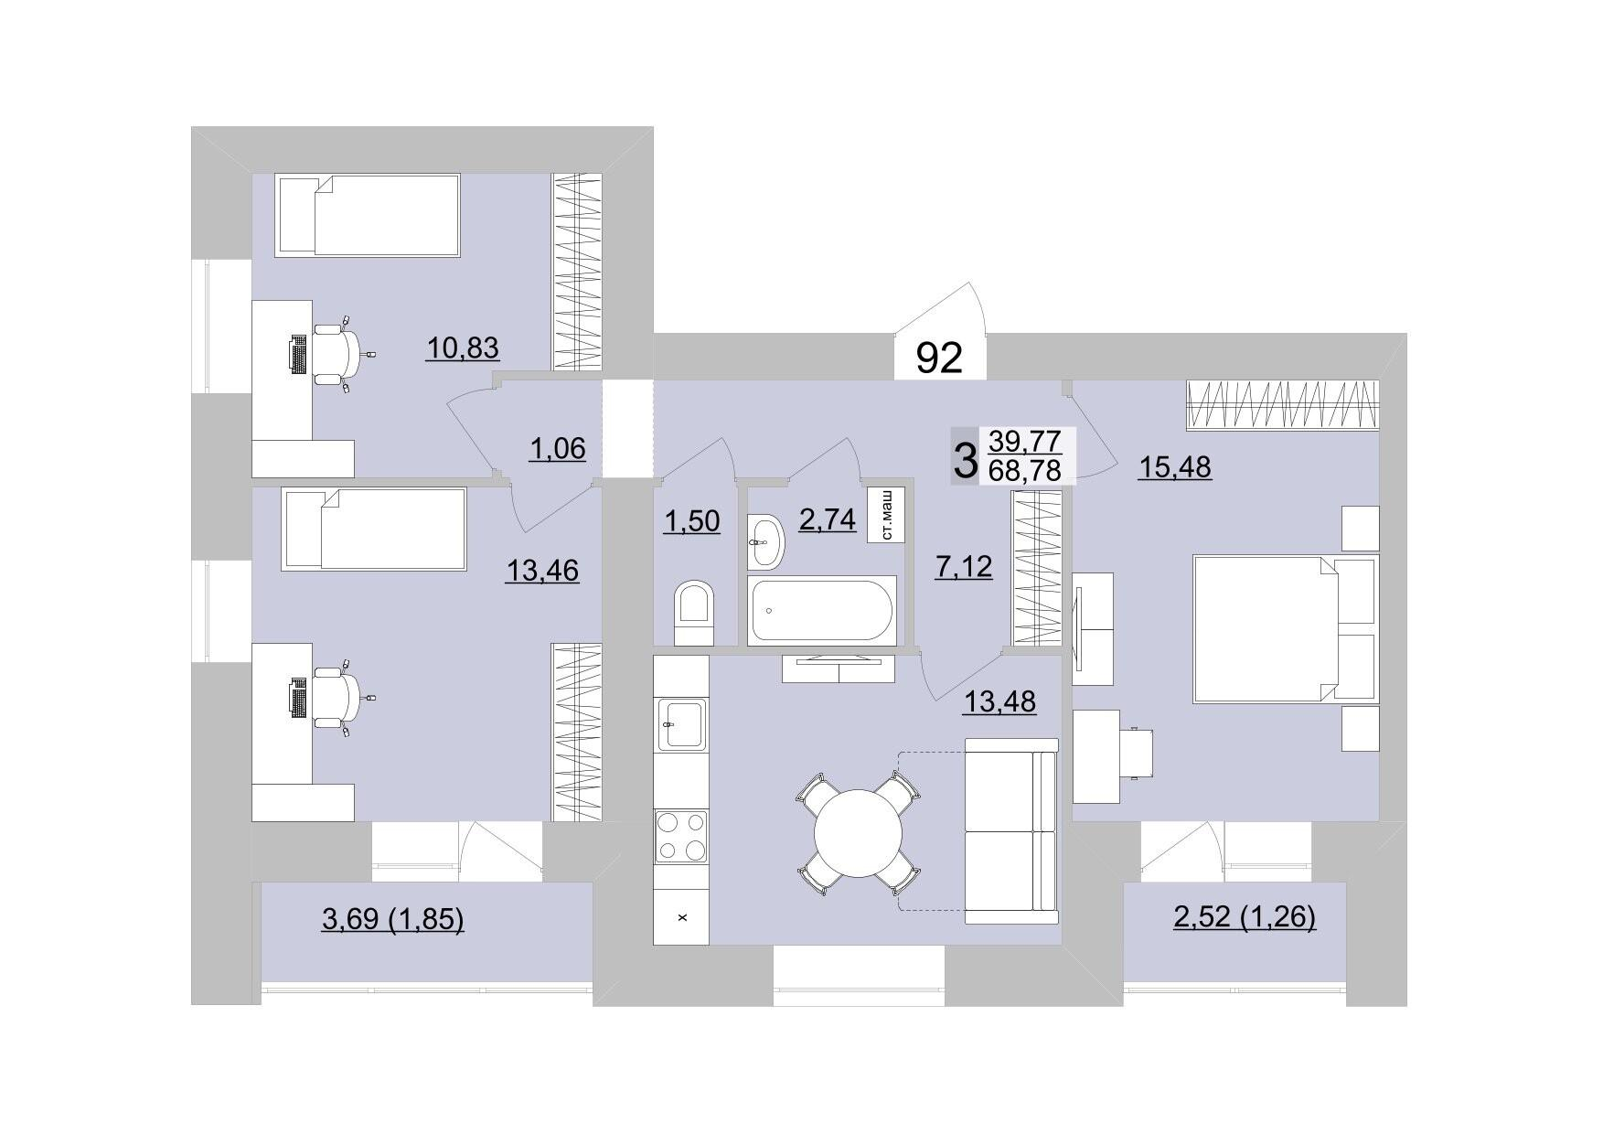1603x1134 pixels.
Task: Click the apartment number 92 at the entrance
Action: [939, 358]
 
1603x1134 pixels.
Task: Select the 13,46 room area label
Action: [542, 571]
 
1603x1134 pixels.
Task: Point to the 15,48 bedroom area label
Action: [1174, 467]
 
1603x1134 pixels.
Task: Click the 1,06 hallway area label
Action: [557, 449]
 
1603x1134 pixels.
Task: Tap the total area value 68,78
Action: [1024, 471]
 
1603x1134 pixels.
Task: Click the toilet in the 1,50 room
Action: [695, 614]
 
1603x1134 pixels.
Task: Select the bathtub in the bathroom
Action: [821, 610]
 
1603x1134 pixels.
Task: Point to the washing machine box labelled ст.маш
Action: [885, 515]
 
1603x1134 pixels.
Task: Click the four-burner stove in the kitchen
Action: [681, 836]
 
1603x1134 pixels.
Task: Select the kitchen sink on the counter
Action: [681, 724]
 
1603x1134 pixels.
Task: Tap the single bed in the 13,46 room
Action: [374, 530]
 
